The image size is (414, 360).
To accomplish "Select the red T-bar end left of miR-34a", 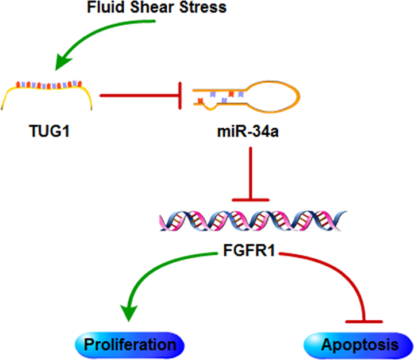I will tap(182, 95).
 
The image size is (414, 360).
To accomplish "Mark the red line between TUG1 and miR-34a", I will tap(138, 95).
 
